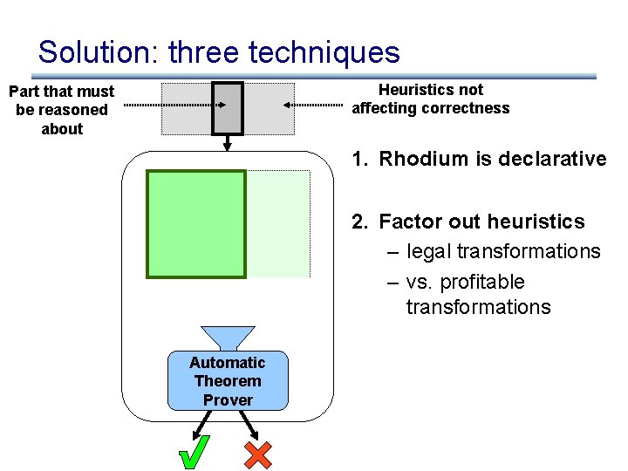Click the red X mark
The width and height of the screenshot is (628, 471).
(x=258, y=454)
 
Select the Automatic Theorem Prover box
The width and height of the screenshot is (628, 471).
(x=228, y=381)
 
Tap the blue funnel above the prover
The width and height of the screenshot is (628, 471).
(x=228, y=337)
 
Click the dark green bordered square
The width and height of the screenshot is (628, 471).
(x=196, y=223)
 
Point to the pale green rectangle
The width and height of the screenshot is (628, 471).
(x=278, y=223)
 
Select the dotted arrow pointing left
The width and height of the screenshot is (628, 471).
(x=313, y=105)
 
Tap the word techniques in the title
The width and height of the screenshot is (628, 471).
(x=324, y=52)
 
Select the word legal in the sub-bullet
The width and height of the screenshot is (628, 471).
(x=427, y=251)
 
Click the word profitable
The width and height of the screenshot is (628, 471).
(x=482, y=282)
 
